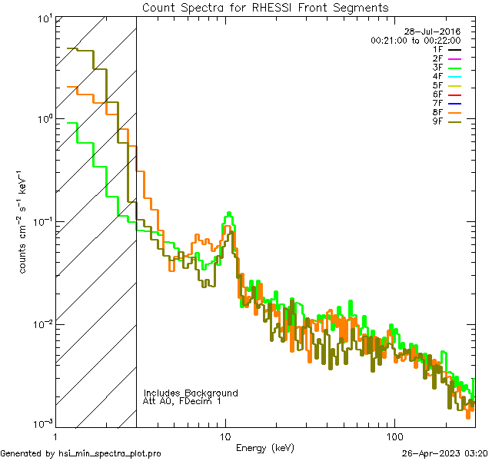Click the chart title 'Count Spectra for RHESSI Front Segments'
(x=265, y=8)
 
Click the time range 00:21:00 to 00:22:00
(x=415, y=40)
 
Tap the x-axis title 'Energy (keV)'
(x=264, y=448)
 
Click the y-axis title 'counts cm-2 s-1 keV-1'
(x=25, y=222)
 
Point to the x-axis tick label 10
(x=225, y=435)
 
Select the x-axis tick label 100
(x=394, y=435)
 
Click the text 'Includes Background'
(x=191, y=393)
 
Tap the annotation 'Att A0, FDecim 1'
(x=182, y=401)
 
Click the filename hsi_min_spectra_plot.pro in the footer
(x=110, y=453)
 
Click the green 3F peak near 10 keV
(x=229, y=215)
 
